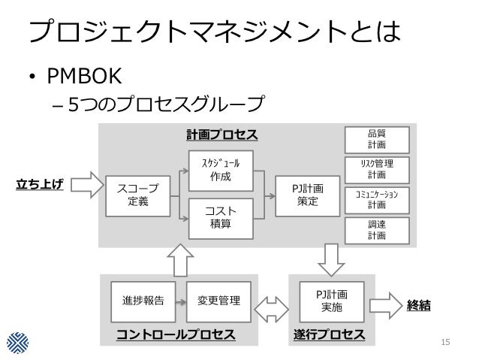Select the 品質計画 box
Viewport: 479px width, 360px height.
coord(376,138)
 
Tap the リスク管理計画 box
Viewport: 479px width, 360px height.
coord(376,168)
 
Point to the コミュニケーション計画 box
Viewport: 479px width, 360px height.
coord(376,199)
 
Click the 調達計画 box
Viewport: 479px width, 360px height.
coord(376,230)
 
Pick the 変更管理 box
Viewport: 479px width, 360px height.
coord(219,301)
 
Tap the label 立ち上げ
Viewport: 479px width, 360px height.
coord(40,183)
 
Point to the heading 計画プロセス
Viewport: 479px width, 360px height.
coord(221,135)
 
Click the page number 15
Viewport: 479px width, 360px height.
coord(446,343)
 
